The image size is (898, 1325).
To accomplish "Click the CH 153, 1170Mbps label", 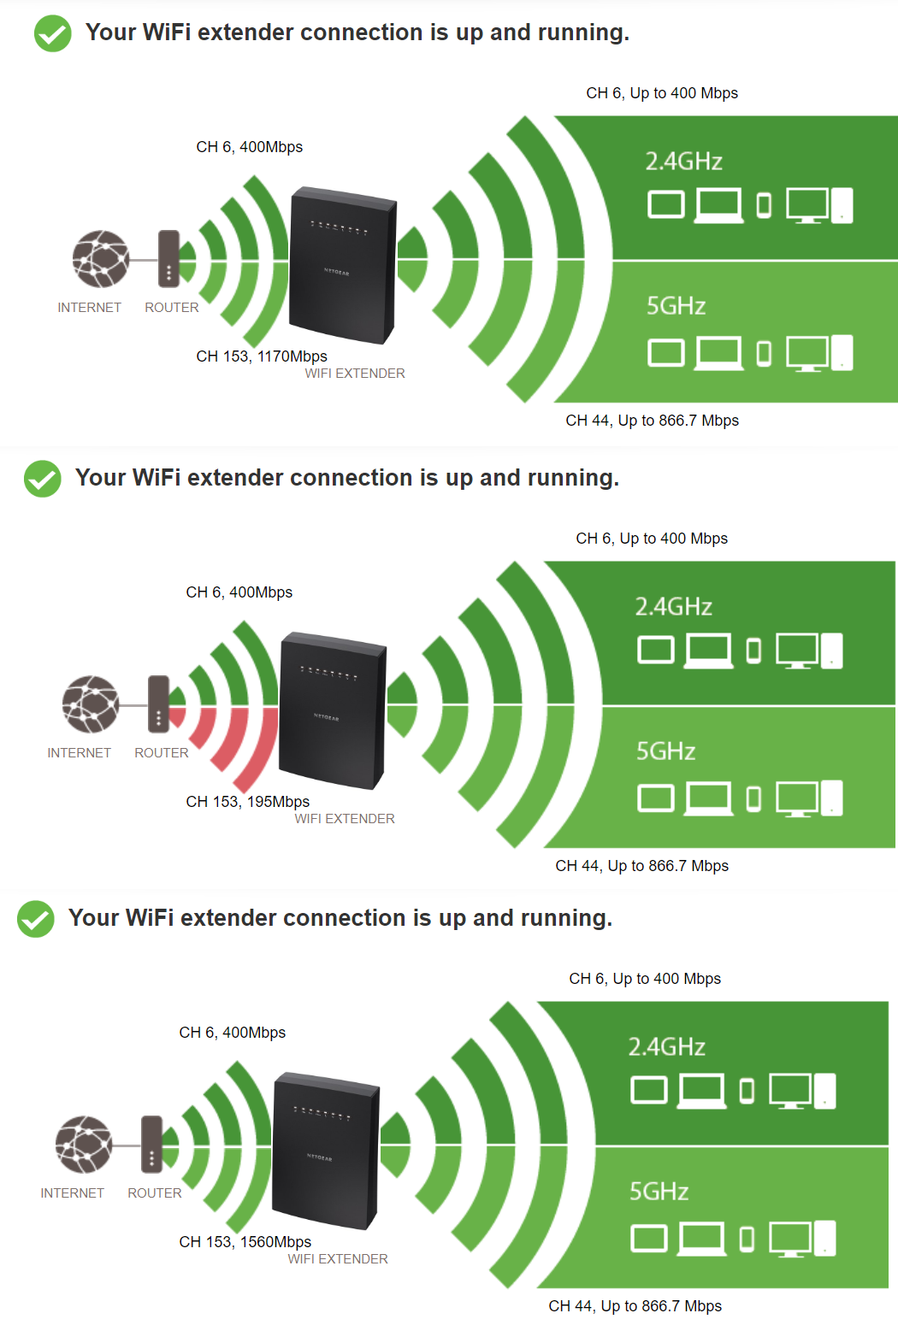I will tap(261, 356).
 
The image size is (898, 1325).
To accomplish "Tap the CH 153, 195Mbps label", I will tap(247, 802).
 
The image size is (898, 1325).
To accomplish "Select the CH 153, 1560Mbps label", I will tap(245, 1242).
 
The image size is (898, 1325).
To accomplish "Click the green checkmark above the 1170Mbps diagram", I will tap(53, 33).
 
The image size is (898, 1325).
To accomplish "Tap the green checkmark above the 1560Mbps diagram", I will tap(36, 919).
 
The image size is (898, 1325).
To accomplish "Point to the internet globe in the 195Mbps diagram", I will tap(90, 704).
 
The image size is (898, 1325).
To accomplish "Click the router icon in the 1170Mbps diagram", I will tap(168, 259).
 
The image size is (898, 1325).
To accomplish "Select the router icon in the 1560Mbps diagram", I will tap(151, 1145).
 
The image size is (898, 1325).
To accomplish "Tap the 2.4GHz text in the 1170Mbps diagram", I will tap(683, 162).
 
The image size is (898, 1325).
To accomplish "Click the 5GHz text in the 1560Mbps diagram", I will tap(659, 1192).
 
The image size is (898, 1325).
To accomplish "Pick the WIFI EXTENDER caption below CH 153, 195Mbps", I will tap(345, 819).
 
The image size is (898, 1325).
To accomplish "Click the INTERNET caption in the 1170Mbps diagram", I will tap(89, 308).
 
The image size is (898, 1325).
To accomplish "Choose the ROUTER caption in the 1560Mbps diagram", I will tap(154, 1193).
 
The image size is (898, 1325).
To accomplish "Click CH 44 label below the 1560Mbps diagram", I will tap(635, 1306).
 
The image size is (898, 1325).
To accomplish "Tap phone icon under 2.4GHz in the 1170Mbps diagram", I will tap(764, 205).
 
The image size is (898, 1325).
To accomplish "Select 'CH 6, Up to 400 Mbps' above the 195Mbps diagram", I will tap(651, 539).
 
